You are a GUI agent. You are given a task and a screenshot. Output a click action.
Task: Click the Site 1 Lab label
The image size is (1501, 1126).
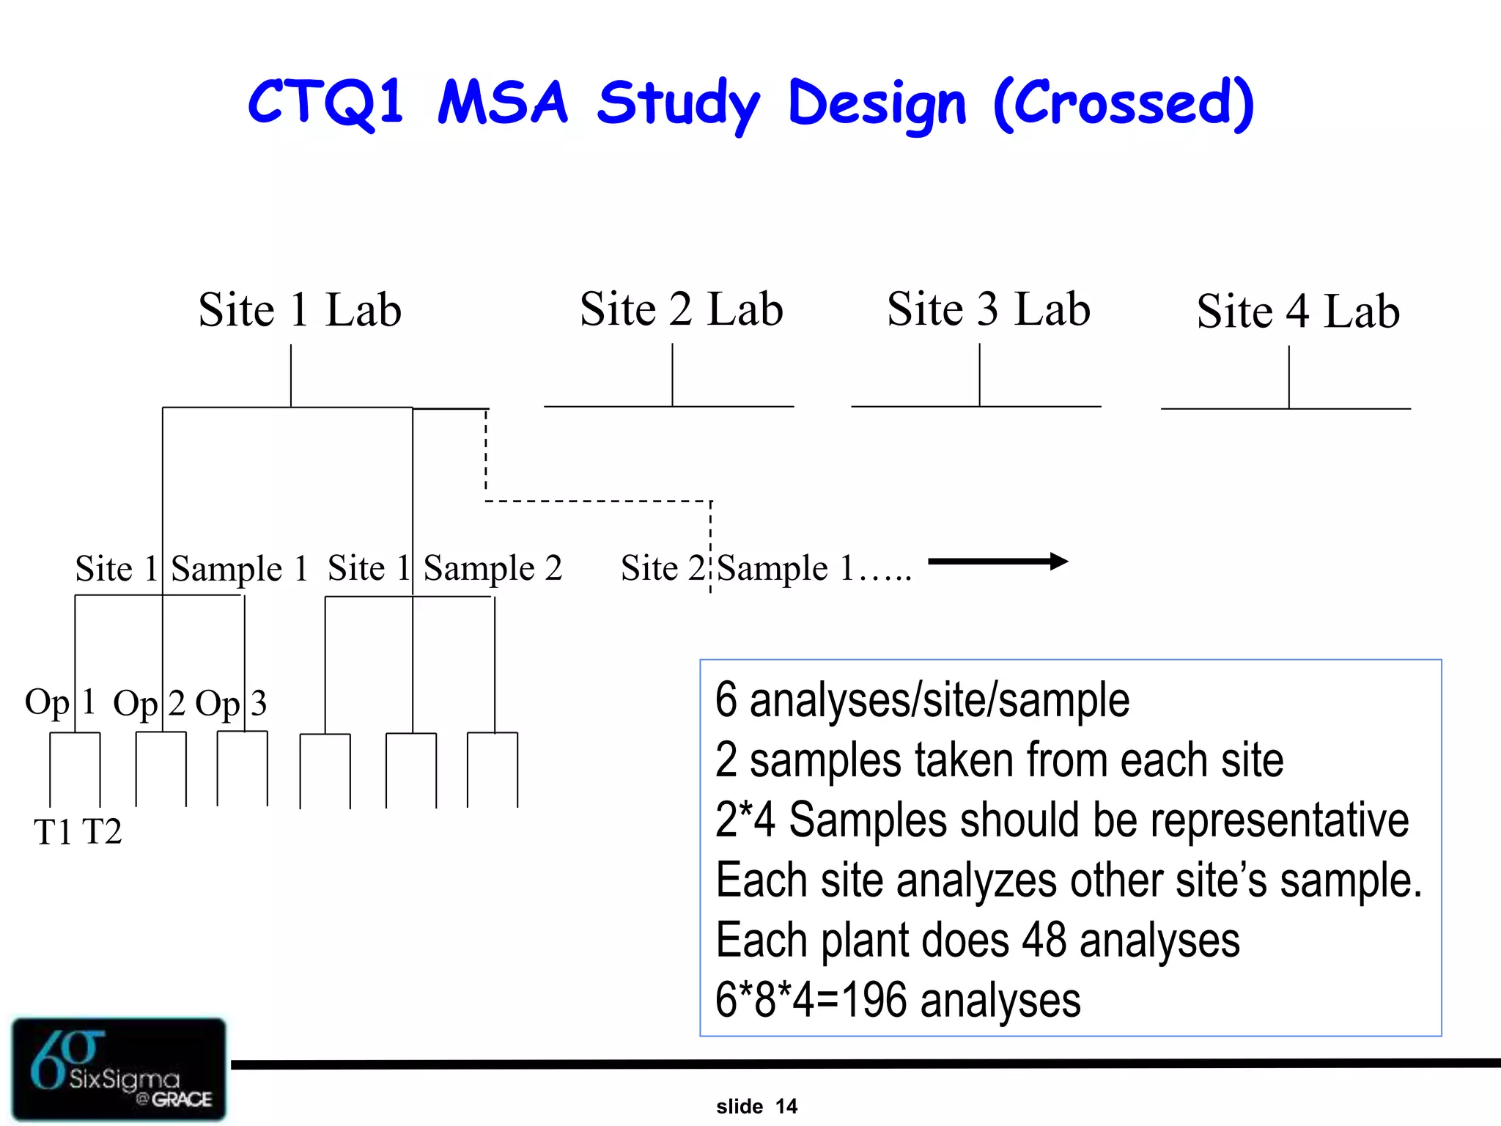pos(300,309)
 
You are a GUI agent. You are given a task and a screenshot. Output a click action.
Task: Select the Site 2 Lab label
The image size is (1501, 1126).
pos(681,309)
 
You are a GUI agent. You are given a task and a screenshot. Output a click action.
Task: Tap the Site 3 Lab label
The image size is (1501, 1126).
pos(989,309)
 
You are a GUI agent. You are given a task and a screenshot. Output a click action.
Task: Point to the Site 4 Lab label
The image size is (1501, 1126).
pos(1298,312)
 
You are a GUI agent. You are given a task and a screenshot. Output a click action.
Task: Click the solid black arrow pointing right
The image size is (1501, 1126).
pos(997,562)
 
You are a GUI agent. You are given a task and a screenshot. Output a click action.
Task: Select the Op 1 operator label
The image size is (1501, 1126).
pos(60,702)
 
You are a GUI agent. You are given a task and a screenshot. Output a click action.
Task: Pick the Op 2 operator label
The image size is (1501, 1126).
pos(149,704)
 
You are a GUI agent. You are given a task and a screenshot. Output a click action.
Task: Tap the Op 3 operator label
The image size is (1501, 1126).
pos(231,704)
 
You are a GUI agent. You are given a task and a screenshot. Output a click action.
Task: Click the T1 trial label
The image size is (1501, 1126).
pos(53,832)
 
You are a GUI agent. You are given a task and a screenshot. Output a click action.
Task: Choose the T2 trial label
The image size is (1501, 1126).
pos(102,832)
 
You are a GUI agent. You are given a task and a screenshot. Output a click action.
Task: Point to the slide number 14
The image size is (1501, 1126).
pos(786,1106)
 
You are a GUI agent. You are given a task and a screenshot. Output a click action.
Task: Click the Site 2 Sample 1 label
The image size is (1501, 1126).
pos(766,569)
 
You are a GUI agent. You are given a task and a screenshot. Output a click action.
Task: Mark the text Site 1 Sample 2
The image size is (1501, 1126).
pos(445,569)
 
